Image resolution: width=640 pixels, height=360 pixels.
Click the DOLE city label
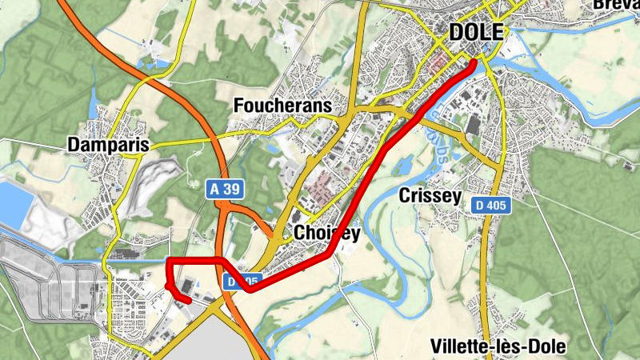(477, 32)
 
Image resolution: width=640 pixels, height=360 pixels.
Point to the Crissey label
(430, 196)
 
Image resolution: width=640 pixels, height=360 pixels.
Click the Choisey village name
(327, 233)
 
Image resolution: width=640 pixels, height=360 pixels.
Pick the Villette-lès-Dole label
(498, 346)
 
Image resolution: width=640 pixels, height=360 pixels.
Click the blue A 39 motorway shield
(225, 190)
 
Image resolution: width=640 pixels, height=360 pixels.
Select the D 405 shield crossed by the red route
(242, 281)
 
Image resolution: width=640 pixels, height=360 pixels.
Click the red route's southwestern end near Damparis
(188, 300)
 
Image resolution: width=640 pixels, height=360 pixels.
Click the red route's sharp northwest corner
(169, 261)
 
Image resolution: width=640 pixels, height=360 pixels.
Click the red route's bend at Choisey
(330, 255)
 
